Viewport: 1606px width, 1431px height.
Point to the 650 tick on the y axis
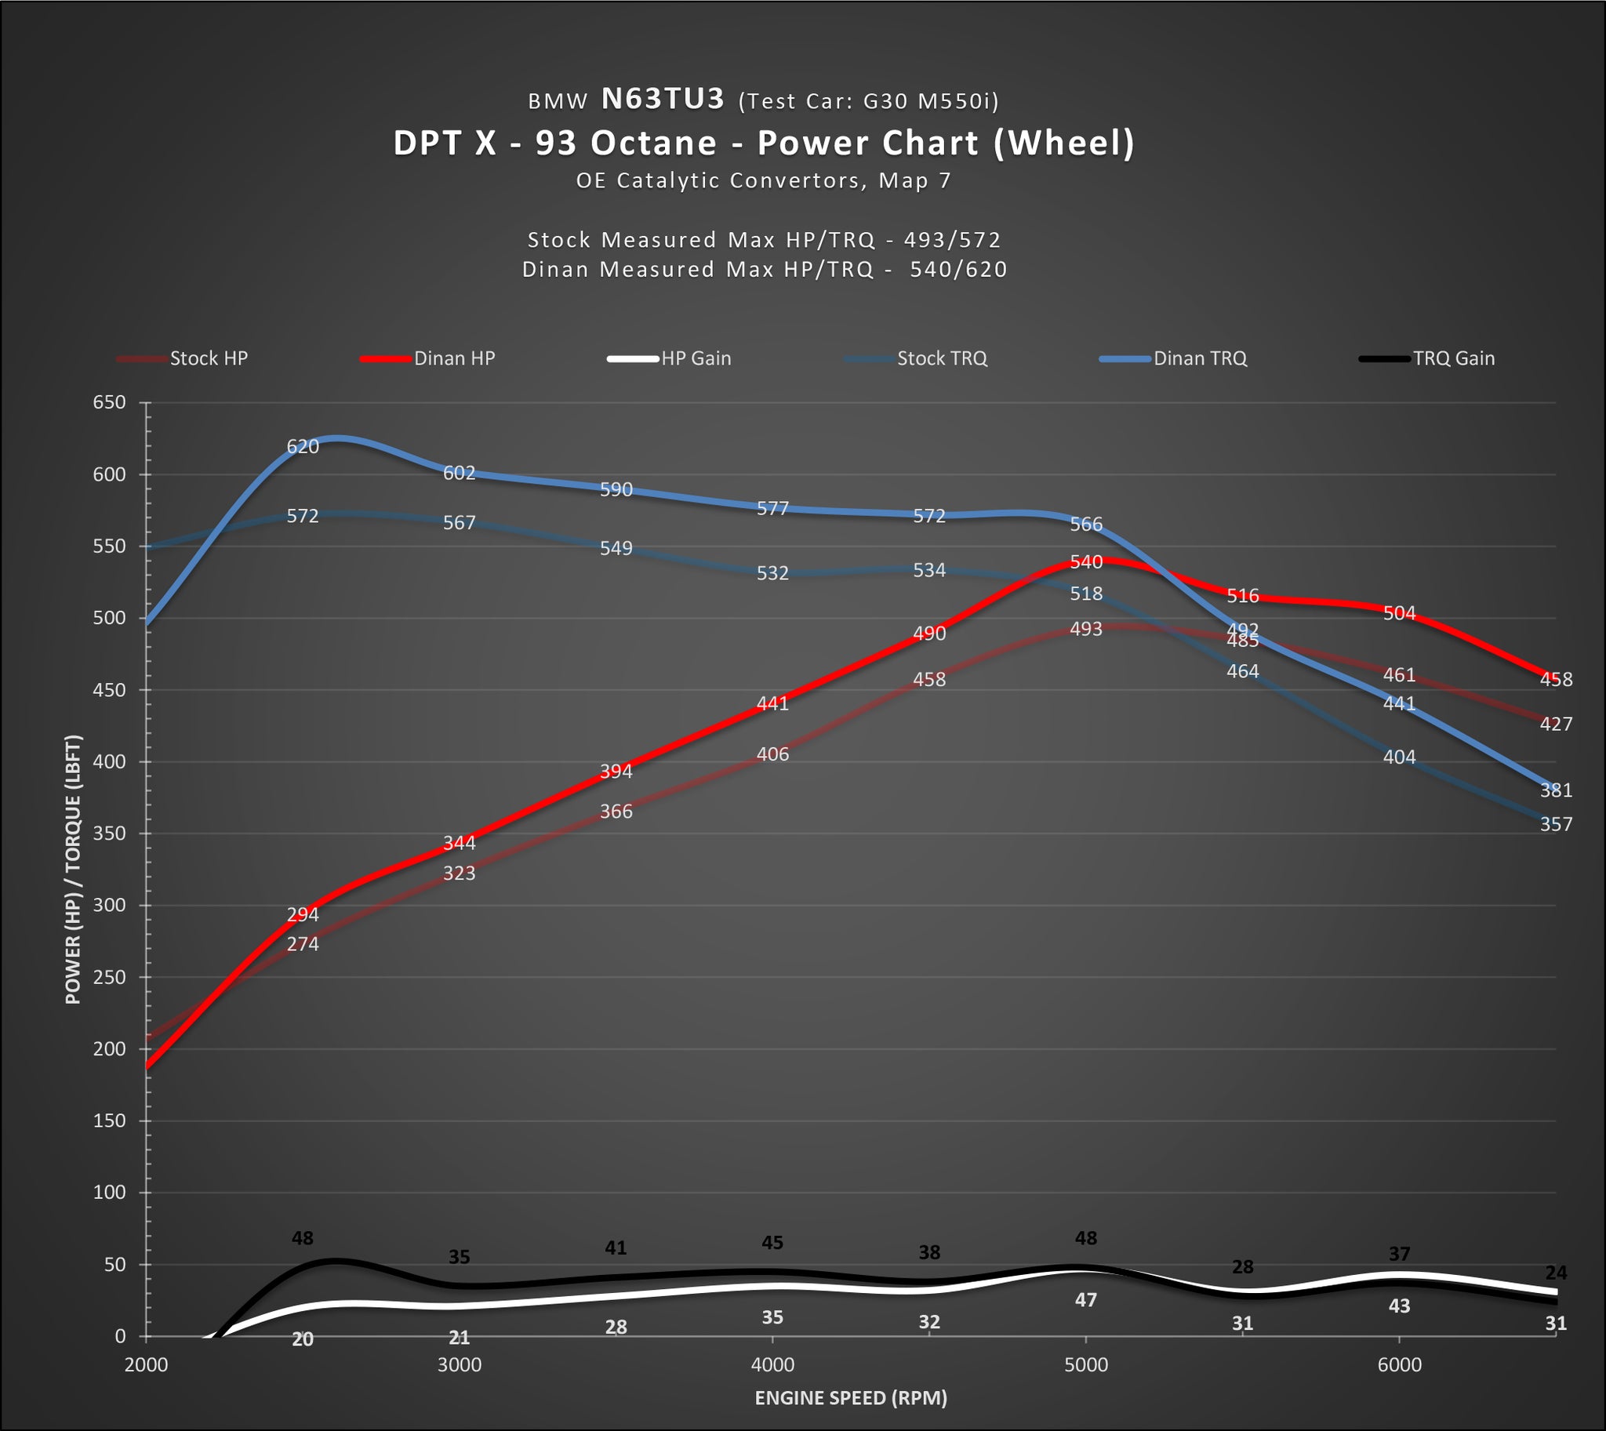click(109, 402)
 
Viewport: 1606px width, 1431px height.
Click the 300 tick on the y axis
click(109, 905)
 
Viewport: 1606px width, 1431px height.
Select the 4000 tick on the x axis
click(772, 1364)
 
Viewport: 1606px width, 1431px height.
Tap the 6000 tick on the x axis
click(1399, 1364)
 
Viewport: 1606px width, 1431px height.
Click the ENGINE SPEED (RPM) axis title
click(851, 1397)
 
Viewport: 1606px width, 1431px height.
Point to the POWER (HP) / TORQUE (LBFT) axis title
click(73, 870)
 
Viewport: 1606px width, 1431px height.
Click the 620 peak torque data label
click(303, 447)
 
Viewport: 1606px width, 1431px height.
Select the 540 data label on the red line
click(1086, 562)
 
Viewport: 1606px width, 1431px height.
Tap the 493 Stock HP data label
click(1086, 629)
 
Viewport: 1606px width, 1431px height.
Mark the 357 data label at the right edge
click(1556, 824)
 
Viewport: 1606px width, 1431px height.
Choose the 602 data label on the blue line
click(460, 473)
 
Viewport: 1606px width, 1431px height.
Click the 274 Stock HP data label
click(303, 943)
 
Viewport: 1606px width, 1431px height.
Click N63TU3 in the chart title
click(662, 99)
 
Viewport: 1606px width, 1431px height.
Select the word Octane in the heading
click(653, 143)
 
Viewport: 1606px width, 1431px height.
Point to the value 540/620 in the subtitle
click(958, 270)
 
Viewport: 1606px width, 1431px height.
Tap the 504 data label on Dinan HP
click(1399, 613)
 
